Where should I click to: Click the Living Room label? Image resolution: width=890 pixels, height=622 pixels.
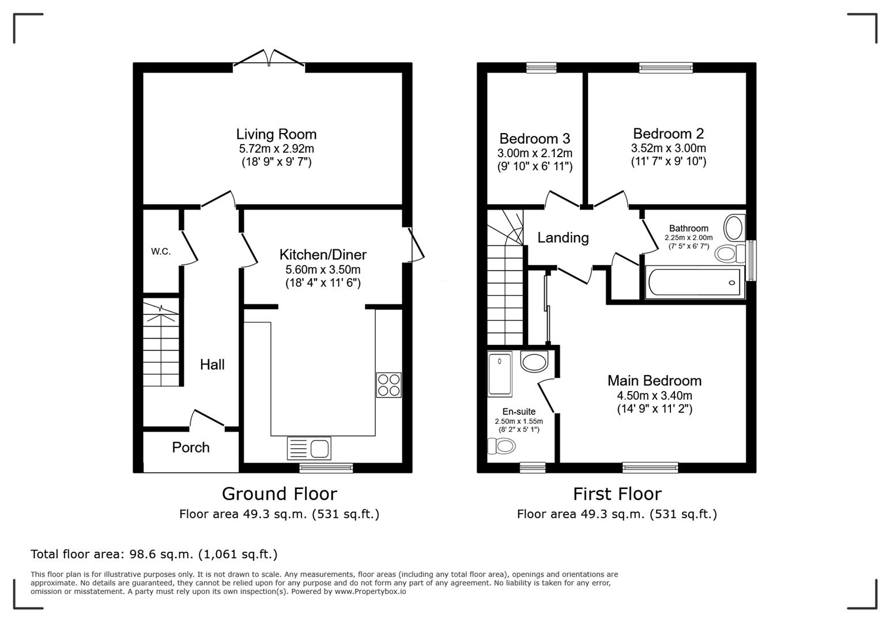[x=276, y=134]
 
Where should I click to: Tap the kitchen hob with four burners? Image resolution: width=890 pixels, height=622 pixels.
[x=389, y=385]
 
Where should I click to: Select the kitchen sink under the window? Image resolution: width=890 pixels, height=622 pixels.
[x=310, y=449]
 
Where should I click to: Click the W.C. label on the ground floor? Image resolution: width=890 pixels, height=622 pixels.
[x=161, y=252]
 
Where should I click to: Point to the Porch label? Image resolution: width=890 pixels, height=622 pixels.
[x=191, y=447]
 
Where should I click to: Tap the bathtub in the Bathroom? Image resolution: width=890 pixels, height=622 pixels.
[x=694, y=282]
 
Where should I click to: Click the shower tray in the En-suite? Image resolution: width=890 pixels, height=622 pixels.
[x=499, y=374]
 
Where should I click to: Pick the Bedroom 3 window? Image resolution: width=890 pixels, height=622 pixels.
[x=541, y=67]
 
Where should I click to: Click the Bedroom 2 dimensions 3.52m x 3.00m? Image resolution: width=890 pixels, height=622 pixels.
[x=668, y=148]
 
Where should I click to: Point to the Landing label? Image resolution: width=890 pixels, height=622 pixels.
[x=563, y=238]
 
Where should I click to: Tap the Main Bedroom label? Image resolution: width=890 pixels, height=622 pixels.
[x=654, y=381]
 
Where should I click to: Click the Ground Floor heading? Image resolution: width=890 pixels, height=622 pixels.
[x=279, y=494]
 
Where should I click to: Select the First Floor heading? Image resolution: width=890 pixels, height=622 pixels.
[x=617, y=494]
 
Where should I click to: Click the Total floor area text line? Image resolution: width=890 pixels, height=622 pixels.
[x=154, y=554]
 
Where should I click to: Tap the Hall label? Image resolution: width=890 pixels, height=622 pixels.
[x=212, y=365]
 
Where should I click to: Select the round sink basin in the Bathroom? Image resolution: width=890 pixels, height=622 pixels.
[x=734, y=227]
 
